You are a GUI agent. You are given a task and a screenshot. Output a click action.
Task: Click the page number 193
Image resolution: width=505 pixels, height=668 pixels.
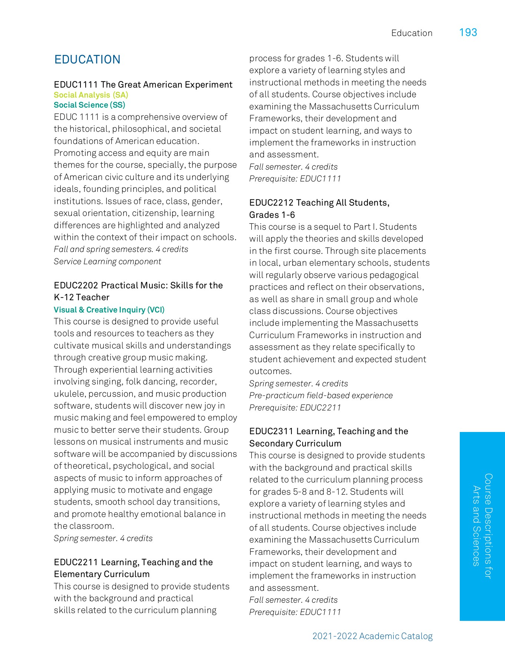tap(468, 33)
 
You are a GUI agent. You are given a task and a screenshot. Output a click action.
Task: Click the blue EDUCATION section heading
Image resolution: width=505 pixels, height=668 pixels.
tap(88, 59)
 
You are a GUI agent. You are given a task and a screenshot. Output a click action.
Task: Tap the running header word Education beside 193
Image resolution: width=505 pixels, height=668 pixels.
tap(412, 33)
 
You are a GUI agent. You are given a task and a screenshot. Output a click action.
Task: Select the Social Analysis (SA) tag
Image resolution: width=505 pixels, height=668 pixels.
tap(91, 95)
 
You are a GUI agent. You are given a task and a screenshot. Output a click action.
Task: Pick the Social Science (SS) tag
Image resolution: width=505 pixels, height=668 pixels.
tap(89, 105)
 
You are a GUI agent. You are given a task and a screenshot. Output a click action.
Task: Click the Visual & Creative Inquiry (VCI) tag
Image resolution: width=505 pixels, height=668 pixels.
tap(109, 310)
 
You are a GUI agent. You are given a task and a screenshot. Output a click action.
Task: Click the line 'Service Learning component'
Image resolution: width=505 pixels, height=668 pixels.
tap(108, 261)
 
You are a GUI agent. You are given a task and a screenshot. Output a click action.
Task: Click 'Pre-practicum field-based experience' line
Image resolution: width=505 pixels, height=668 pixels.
tap(321, 395)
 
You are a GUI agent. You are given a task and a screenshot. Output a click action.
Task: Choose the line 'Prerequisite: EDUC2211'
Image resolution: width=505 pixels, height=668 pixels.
tap(295, 407)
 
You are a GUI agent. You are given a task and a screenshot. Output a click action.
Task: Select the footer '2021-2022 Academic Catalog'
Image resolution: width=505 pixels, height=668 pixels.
tap(372, 636)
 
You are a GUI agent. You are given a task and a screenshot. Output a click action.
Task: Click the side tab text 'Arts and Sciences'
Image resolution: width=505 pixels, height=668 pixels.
tap(476, 526)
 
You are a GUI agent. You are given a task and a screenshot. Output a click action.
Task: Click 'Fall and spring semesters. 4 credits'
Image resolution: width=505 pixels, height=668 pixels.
tap(121, 249)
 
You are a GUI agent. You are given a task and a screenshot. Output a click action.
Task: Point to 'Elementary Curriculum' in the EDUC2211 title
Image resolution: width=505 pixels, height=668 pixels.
tap(102, 574)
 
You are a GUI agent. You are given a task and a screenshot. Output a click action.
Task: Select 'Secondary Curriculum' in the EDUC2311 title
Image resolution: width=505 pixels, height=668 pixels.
tap(295, 443)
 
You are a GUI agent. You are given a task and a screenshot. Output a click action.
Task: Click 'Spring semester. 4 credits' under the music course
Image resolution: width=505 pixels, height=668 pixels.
tap(103, 538)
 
